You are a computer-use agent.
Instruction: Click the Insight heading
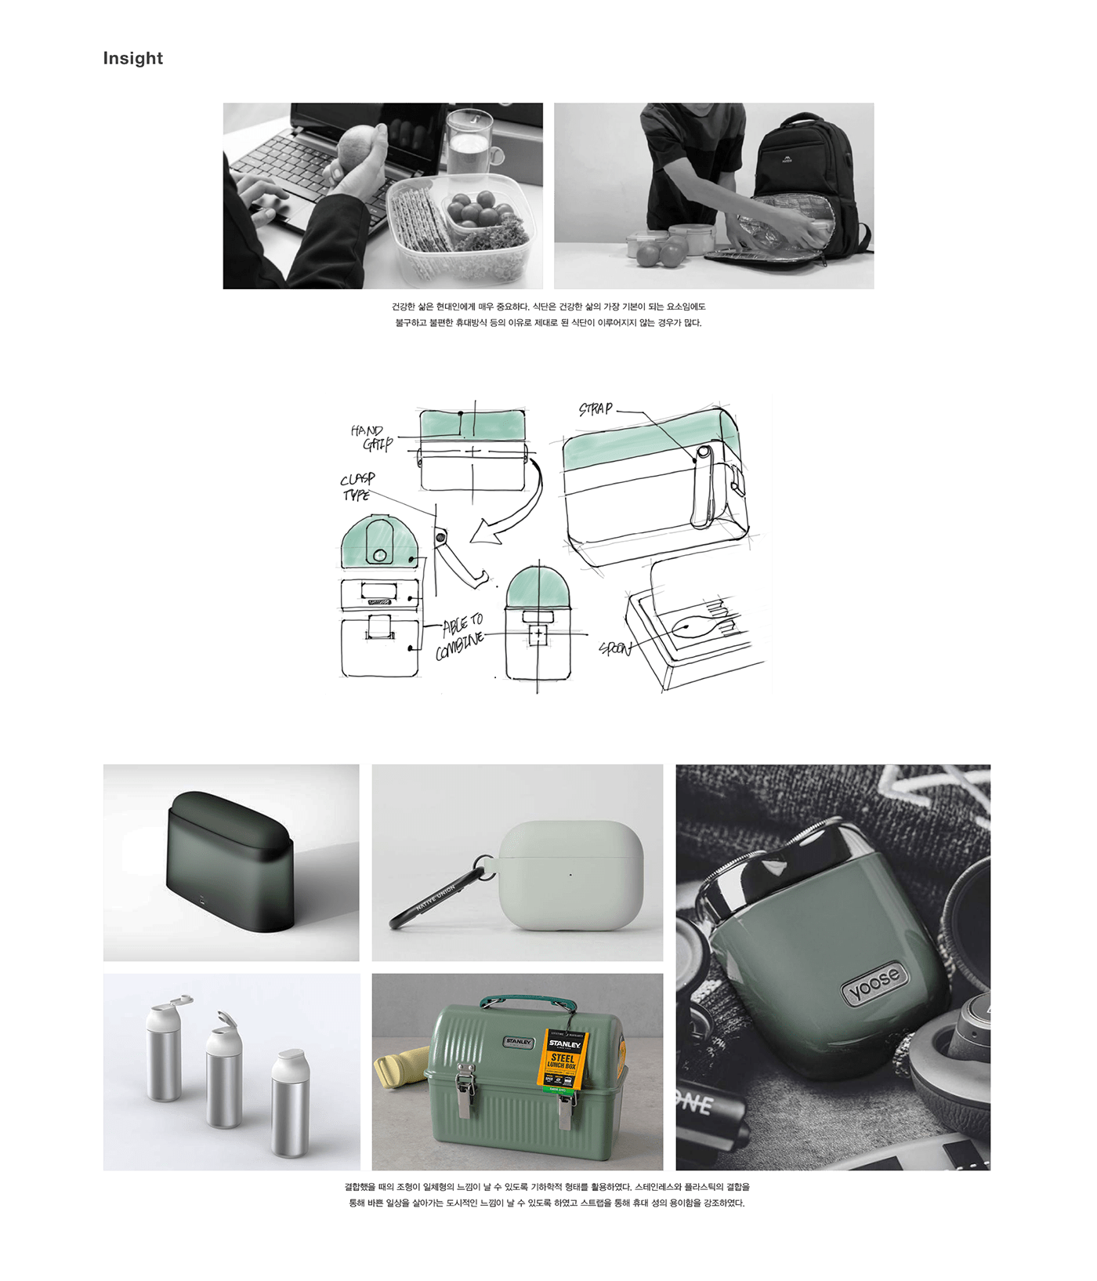click(x=132, y=58)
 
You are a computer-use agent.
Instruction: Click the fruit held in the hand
click(x=357, y=147)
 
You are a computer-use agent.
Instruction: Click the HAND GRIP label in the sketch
click(x=371, y=437)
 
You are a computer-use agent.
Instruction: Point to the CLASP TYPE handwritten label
click(x=357, y=486)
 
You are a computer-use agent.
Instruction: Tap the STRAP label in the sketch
click(x=596, y=408)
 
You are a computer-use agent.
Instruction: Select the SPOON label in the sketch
click(x=616, y=648)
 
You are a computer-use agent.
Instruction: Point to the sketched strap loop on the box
click(x=703, y=486)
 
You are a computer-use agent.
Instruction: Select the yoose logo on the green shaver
click(x=874, y=984)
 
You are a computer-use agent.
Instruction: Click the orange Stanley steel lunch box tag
click(x=563, y=1059)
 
